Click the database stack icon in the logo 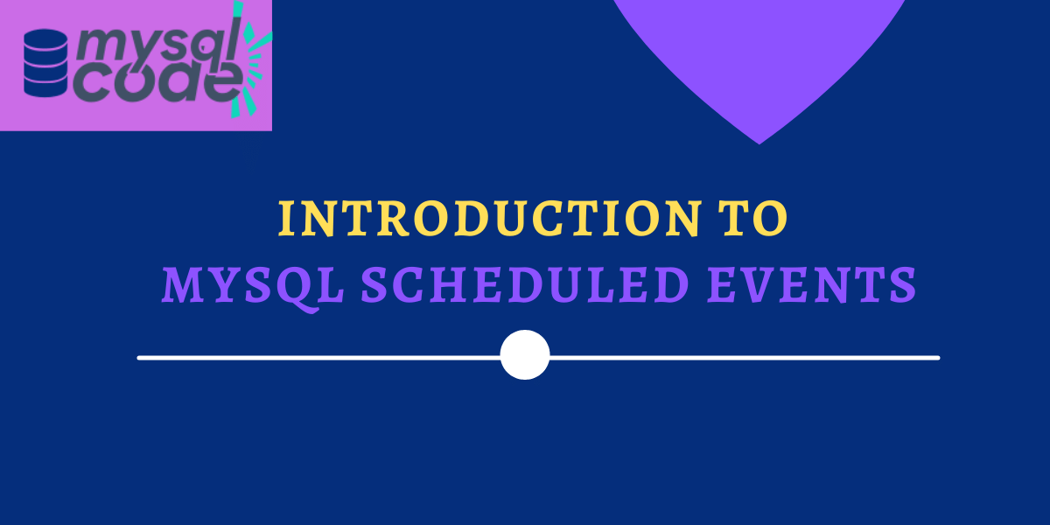45,63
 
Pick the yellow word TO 756,219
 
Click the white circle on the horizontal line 525,355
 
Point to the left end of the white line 140,358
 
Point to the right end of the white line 937,358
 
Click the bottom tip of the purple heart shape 759,143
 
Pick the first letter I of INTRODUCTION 286,219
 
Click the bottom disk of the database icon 45,86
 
